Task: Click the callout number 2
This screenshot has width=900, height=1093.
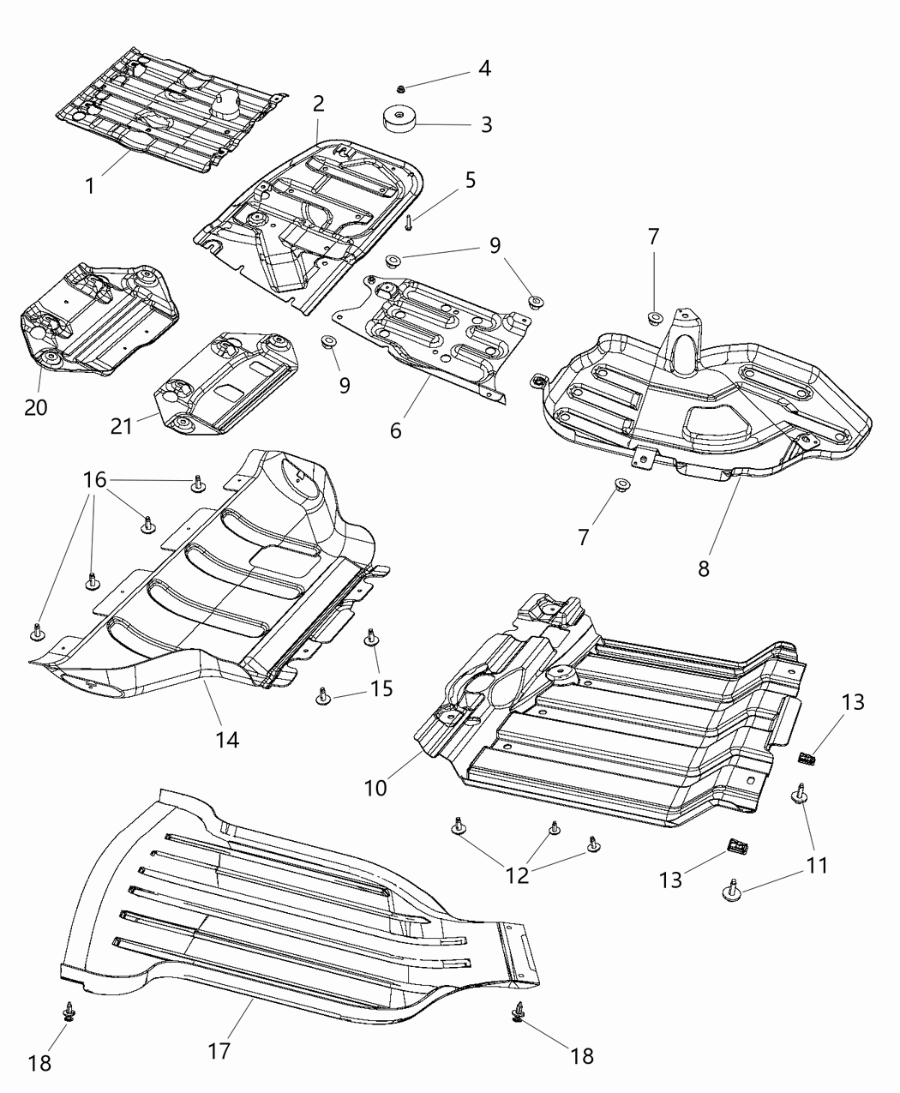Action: coord(319,105)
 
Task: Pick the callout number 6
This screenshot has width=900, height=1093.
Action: coord(395,430)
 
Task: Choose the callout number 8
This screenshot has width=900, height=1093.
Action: coord(703,568)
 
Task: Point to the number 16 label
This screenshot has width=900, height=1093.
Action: coord(94,480)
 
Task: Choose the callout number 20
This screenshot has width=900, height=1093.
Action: coord(36,407)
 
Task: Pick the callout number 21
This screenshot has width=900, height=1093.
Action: coord(122,424)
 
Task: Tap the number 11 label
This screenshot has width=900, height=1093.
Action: coord(818,865)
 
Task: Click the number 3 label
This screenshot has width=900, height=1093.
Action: coord(486,125)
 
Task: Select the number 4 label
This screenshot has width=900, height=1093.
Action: coord(484,69)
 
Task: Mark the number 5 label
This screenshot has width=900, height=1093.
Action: coord(471,180)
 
